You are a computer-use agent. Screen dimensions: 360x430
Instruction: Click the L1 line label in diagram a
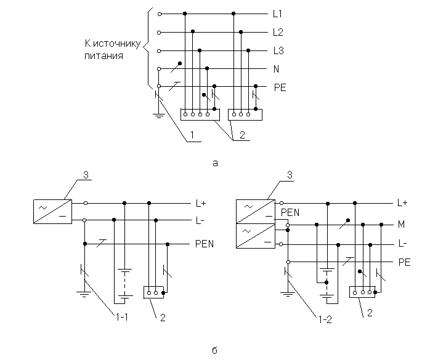(x=277, y=13)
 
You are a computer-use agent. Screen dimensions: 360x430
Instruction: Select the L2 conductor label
(x=277, y=31)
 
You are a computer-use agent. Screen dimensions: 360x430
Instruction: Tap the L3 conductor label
(x=277, y=50)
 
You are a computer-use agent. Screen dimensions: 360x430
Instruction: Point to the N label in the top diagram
(x=277, y=69)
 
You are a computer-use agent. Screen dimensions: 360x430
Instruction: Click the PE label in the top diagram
(x=280, y=87)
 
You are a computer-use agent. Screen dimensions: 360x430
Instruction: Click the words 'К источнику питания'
(x=112, y=50)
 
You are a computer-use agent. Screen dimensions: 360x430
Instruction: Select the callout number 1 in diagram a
(x=192, y=134)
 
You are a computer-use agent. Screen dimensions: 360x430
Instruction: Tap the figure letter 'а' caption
(x=215, y=163)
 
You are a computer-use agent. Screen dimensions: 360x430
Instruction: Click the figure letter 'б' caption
(x=215, y=351)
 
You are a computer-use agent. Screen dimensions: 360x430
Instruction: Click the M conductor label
(x=402, y=225)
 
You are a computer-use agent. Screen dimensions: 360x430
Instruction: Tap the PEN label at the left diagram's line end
(x=204, y=244)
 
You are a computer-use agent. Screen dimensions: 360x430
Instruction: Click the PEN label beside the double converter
(x=290, y=213)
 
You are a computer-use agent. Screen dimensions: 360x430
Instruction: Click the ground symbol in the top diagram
(x=158, y=114)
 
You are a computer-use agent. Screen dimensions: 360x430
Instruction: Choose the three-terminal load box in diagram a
(x=245, y=114)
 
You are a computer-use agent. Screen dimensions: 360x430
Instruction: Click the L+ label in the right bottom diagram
(x=402, y=202)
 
